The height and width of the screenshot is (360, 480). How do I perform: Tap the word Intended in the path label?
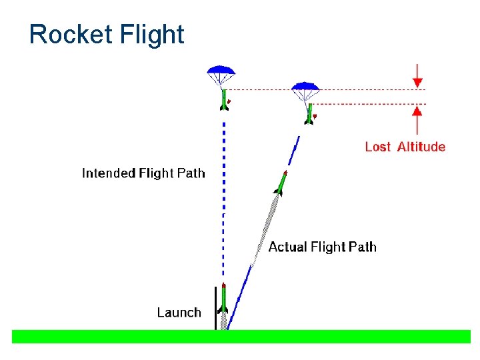point(109,173)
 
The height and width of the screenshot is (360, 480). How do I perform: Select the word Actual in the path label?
point(287,247)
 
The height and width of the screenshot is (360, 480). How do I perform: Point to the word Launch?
point(179,312)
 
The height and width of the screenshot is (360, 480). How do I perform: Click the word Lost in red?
point(377,147)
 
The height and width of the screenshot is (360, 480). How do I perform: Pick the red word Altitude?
point(421,147)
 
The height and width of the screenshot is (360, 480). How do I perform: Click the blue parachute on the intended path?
point(221,70)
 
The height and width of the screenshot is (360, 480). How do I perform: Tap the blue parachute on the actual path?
point(305,87)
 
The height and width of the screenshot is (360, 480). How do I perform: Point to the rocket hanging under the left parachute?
point(224,100)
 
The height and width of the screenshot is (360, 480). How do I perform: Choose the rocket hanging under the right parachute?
point(309,114)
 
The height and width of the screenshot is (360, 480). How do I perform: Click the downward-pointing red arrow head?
point(418,83)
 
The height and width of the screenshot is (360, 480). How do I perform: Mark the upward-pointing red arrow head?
point(418,110)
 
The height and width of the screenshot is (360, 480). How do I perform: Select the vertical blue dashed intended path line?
point(223,200)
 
